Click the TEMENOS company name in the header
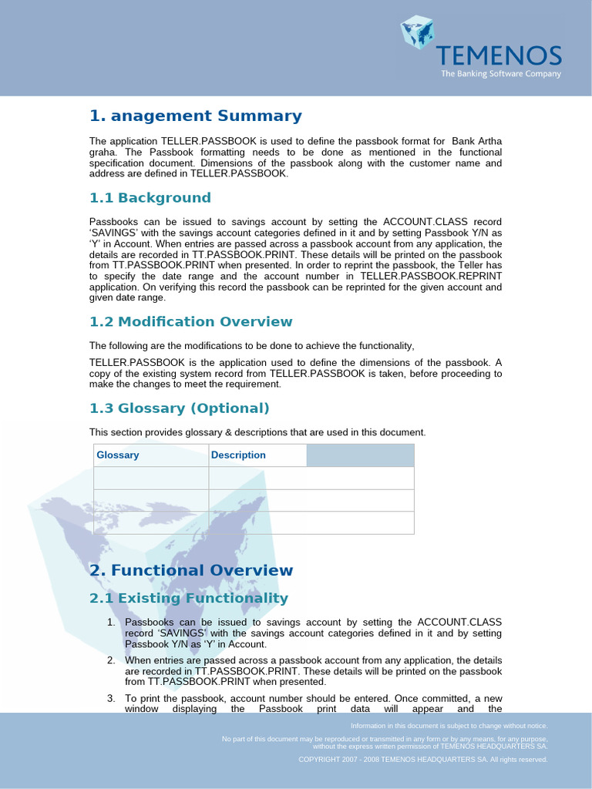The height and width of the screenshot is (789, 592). (x=499, y=55)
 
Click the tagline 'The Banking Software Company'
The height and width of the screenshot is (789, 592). (x=500, y=74)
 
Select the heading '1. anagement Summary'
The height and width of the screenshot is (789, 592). (x=196, y=116)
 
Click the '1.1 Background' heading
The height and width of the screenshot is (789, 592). (x=150, y=198)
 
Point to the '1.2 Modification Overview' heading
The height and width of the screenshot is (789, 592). (x=191, y=322)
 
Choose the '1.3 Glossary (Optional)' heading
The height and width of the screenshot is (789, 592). (x=180, y=408)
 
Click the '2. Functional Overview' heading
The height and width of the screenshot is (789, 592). (x=191, y=571)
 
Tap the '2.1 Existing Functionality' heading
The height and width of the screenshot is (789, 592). (x=189, y=599)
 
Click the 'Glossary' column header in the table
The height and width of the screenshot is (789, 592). (x=118, y=455)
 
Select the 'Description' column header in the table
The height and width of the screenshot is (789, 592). (x=238, y=455)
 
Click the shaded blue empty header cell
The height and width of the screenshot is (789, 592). (x=360, y=455)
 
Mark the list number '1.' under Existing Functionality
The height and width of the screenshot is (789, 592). (x=111, y=622)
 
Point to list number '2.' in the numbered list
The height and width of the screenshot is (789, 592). (x=111, y=660)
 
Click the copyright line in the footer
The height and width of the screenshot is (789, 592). (x=423, y=759)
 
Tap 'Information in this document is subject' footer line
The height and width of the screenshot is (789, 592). (x=449, y=726)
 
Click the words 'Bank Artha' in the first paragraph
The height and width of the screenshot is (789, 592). (x=476, y=141)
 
